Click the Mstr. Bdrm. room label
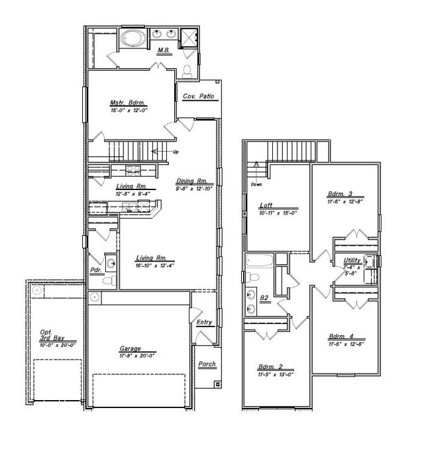point(128,103)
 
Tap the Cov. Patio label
point(199,97)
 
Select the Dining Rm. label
point(192,181)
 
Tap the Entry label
point(204,322)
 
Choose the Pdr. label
point(95,270)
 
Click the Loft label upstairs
point(266,206)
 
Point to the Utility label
point(352,260)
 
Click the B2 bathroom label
point(264,298)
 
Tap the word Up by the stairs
point(176,152)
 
